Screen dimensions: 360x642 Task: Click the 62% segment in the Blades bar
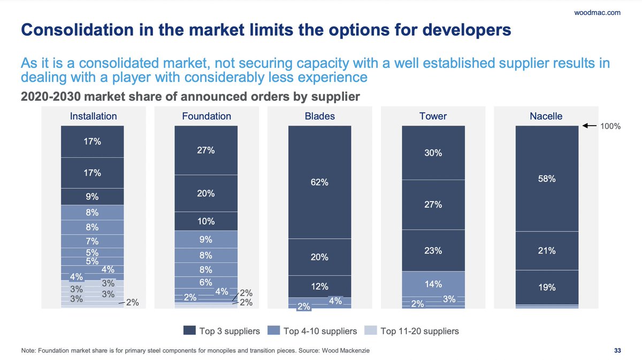click(319, 182)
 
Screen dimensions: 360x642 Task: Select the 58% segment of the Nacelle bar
click(547, 179)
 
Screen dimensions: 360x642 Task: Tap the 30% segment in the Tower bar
click(433, 152)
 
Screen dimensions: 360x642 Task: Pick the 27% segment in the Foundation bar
click(206, 150)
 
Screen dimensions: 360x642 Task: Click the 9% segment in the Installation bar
click(92, 196)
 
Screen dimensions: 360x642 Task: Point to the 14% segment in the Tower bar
click(433, 284)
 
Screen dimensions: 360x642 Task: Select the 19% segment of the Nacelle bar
click(547, 287)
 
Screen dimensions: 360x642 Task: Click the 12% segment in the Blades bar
click(319, 286)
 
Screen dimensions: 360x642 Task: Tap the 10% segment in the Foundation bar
click(206, 221)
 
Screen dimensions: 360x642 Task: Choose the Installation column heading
click(93, 116)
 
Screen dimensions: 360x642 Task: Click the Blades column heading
click(319, 116)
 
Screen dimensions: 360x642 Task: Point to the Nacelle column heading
click(547, 116)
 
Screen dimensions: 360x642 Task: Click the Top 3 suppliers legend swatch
click(189, 331)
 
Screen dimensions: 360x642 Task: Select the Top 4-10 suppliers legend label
click(320, 331)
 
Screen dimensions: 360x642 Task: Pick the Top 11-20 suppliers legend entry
click(419, 331)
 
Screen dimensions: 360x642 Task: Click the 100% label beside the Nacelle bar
click(610, 127)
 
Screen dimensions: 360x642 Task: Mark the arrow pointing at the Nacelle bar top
click(590, 126)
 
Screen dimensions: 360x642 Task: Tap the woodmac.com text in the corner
click(601, 12)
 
